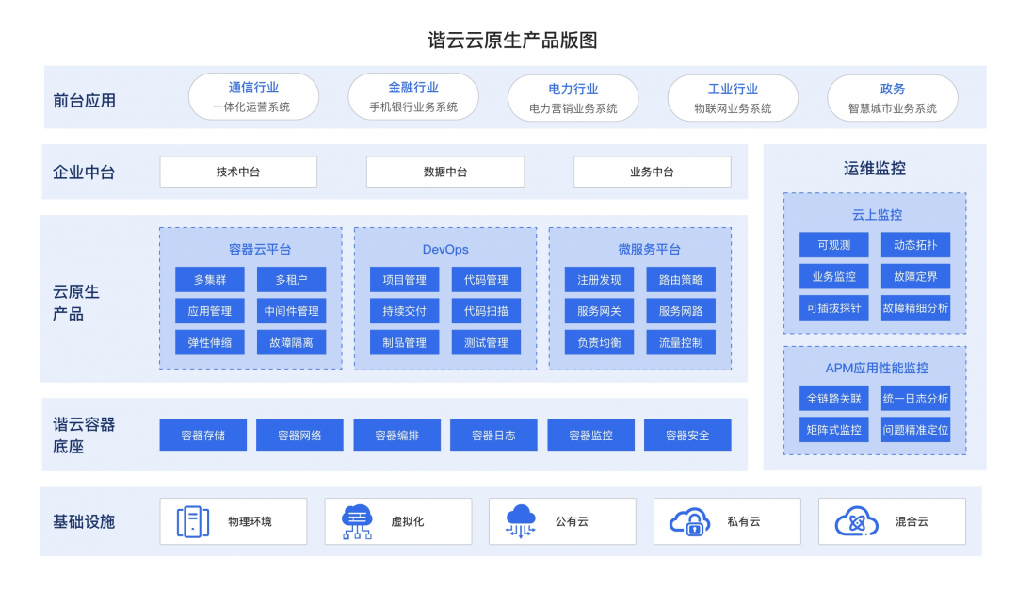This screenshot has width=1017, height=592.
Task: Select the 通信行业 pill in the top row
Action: tap(253, 96)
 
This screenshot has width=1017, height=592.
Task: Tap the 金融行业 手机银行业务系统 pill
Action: tap(413, 96)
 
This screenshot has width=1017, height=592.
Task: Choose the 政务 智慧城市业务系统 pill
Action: tap(892, 98)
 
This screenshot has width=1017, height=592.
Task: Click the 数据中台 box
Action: tap(444, 172)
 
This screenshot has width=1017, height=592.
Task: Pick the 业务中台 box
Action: tap(652, 172)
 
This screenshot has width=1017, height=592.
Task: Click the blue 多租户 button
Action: tap(291, 280)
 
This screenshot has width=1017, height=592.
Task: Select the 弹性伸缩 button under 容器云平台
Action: tap(210, 342)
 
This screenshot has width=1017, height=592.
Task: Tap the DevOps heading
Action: tap(445, 250)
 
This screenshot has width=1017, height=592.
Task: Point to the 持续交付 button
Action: tap(404, 311)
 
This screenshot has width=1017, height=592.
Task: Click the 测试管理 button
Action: tap(486, 342)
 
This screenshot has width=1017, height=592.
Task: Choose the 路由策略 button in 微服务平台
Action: tap(681, 280)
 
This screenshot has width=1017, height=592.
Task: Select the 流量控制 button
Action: tap(681, 342)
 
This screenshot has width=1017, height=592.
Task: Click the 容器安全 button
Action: tap(687, 436)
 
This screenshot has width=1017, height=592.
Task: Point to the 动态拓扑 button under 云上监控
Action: tap(915, 245)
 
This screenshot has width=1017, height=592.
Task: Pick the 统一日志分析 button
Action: tap(915, 399)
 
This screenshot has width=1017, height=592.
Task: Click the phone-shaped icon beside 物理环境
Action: tap(192, 521)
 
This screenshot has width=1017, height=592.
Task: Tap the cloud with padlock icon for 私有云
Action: tap(689, 521)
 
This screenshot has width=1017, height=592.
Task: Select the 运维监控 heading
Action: tap(874, 169)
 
